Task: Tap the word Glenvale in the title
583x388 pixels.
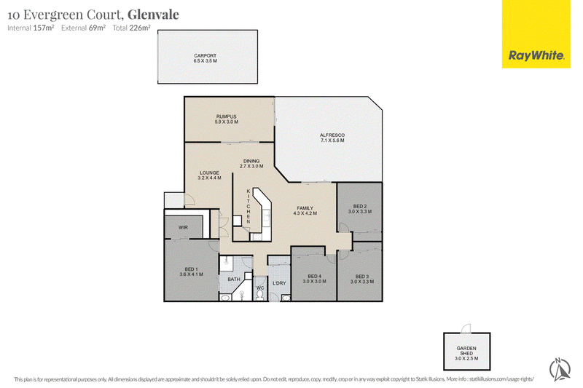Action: click(153, 15)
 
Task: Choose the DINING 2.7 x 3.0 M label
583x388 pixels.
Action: click(251, 164)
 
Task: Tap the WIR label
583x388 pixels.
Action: click(183, 227)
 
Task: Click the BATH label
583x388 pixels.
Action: click(234, 280)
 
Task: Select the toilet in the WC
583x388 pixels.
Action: click(260, 295)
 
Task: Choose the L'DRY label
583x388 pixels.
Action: click(279, 283)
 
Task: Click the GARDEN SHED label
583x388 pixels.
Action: click(466, 354)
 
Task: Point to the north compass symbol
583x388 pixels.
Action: click(560, 369)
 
